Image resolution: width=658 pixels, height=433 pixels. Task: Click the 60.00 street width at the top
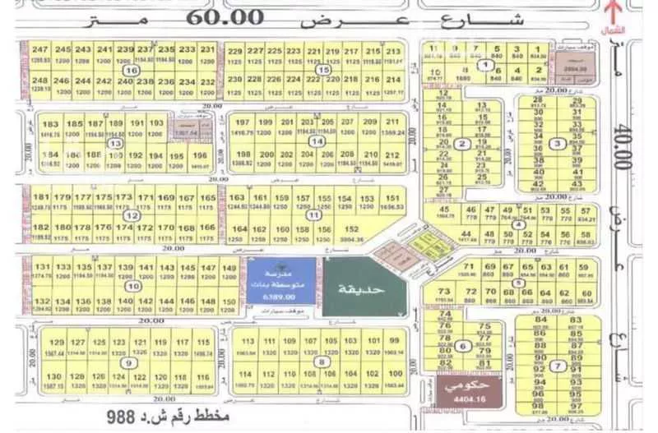232,17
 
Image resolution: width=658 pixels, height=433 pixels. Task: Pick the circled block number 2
463,145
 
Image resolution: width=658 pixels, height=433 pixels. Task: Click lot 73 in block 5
444,292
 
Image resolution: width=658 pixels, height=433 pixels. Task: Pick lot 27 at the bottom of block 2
445,190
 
